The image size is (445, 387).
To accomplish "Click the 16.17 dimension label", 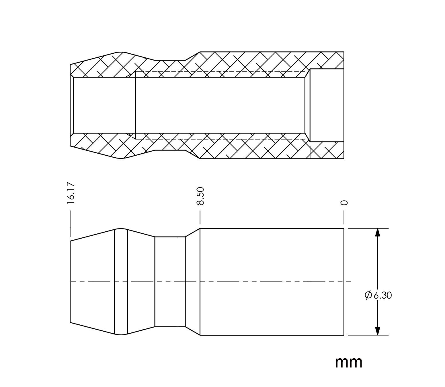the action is click(71, 193).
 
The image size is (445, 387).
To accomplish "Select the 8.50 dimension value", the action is click(200, 196).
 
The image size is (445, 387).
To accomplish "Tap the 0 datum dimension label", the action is click(344, 203).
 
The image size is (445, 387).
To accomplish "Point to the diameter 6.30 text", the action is click(378, 295).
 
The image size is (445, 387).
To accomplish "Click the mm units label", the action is click(349, 363).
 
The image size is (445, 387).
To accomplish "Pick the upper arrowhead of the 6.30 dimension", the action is click(378, 232).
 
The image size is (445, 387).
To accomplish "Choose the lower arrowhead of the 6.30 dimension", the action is click(378, 331).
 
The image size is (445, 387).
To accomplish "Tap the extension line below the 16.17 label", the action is click(70, 224).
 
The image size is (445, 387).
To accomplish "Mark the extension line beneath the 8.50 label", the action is click(200, 217).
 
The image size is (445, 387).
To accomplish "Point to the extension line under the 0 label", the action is click(344, 217).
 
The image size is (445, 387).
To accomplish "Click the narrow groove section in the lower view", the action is click(170, 282).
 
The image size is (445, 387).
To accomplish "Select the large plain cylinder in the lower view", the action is click(272, 282).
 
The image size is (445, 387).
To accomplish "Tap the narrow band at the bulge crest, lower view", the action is click(121, 282).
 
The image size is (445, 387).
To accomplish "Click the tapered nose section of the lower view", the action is click(92, 282).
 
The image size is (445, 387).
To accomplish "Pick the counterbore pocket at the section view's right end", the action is click(327, 105).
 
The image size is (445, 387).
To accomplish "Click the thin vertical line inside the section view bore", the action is click(136, 105).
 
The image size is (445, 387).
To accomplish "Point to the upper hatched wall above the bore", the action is click(207, 64).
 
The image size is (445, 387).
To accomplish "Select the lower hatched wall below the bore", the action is click(207, 146).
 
